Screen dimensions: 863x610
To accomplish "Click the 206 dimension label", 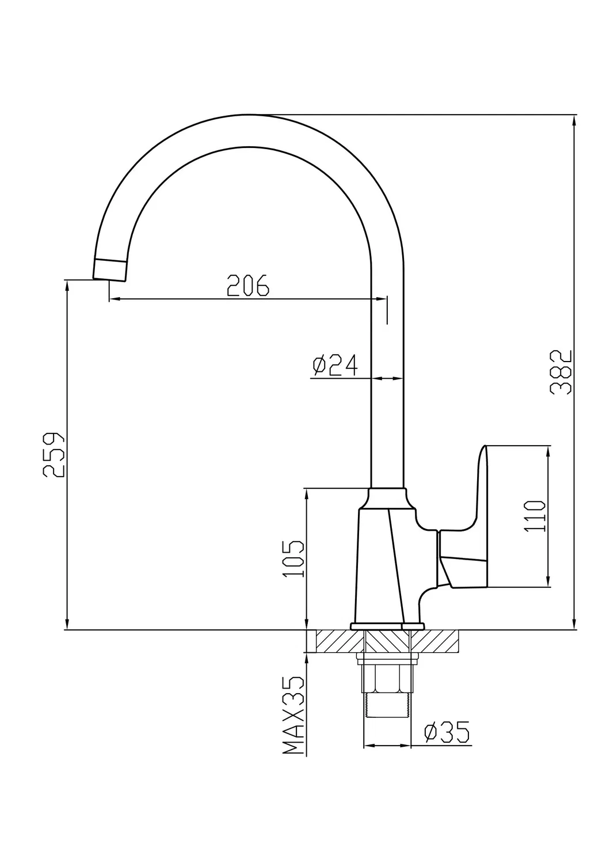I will pos(248,285).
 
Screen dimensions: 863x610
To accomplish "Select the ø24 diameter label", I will pos(335,365).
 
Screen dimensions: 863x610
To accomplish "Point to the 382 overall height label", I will pos(560,371).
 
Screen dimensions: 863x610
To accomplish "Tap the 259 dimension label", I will pos(54,454).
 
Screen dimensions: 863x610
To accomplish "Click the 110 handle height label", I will pos(535,516).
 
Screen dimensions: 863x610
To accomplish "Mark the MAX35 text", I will pos(293,715).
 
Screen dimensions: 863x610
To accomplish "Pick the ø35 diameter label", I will pos(447,732).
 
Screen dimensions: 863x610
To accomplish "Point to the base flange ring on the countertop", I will pos(387,626).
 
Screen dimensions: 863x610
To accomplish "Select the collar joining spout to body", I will pos(387,497).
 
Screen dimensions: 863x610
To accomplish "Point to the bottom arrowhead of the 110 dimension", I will pos(549,582).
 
